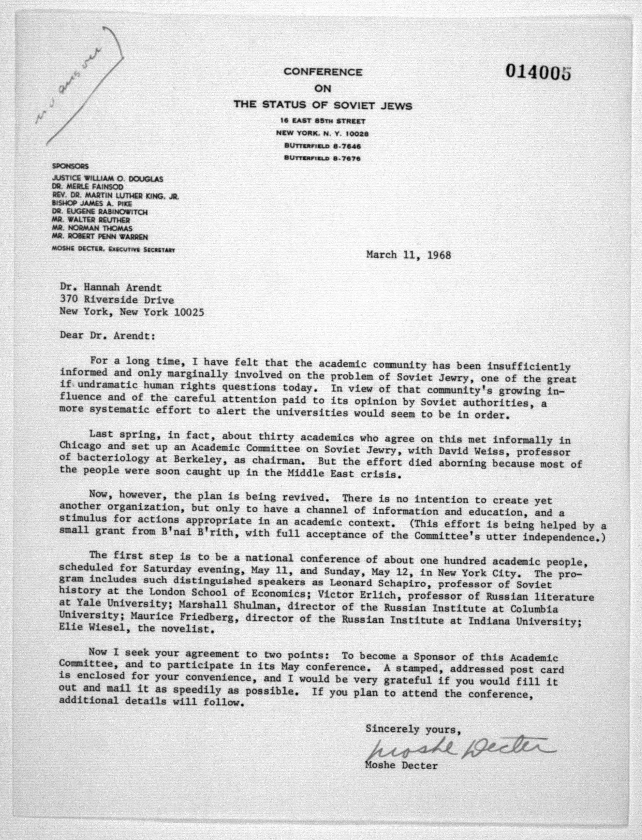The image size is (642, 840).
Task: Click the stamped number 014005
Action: [538, 71]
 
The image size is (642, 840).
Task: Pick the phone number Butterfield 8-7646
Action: [323, 146]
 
